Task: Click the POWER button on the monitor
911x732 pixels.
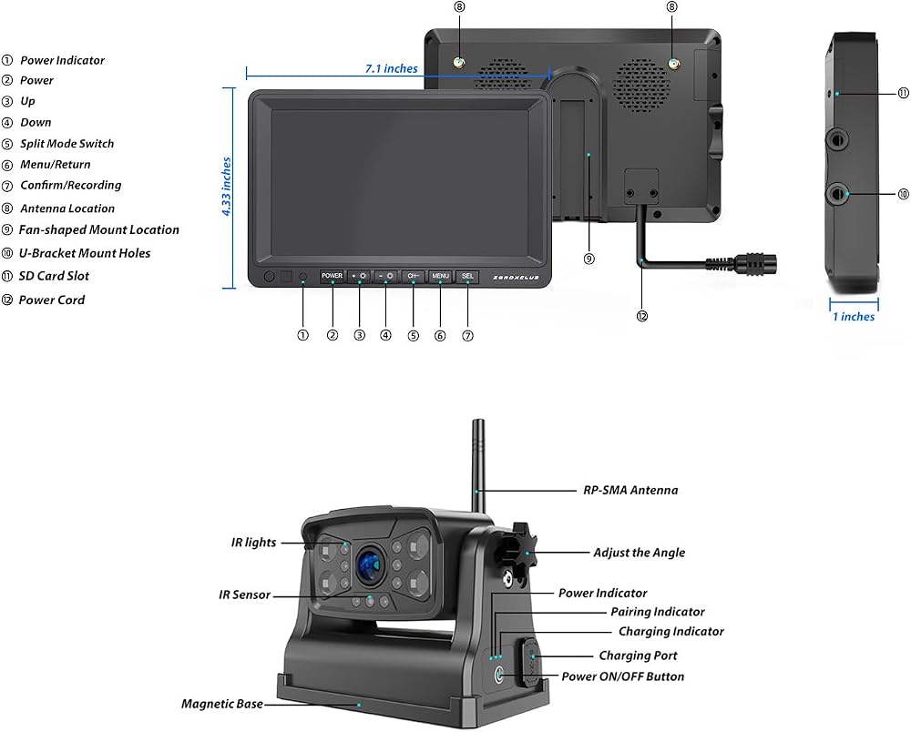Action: click(x=332, y=276)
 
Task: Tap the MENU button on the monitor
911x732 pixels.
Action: click(x=440, y=276)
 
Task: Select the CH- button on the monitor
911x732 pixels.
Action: click(x=413, y=276)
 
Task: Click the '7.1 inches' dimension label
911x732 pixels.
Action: click(x=391, y=68)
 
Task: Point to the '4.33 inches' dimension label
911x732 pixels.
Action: click(x=226, y=187)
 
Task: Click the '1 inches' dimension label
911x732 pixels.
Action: click(x=854, y=316)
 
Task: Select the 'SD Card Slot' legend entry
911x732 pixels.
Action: click(x=54, y=276)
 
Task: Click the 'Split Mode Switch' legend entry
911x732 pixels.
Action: click(x=67, y=143)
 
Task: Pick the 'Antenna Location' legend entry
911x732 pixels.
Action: click(x=67, y=208)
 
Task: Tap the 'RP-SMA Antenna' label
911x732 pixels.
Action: click(x=630, y=490)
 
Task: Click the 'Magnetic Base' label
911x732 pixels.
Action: click(x=222, y=704)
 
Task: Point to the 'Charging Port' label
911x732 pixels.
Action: click(x=638, y=656)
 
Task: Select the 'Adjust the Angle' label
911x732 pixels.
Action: click(x=640, y=552)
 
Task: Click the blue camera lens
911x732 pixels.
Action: click(x=370, y=564)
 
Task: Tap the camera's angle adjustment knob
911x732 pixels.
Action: click(x=515, y=549)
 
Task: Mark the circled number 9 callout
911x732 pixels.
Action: click(x=589, y=259)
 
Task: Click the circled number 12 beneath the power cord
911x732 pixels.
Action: click(x=642, y=316)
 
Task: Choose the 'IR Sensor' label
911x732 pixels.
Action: click(x=244, y=595)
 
